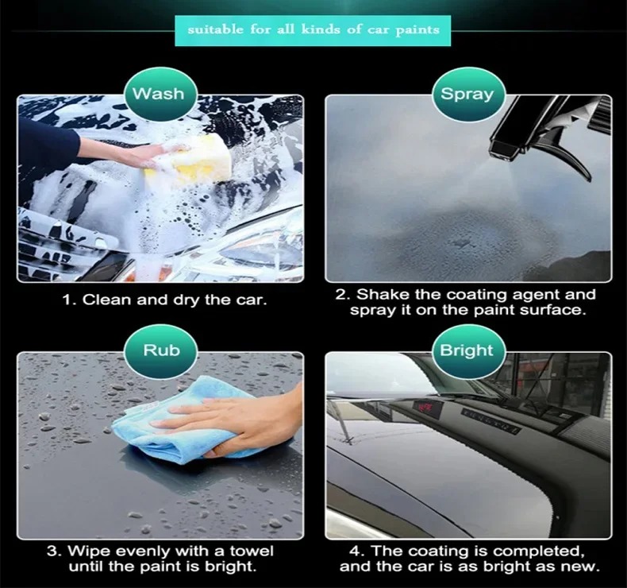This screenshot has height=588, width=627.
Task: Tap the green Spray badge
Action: point(467,95)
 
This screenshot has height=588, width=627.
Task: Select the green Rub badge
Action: point(161,350)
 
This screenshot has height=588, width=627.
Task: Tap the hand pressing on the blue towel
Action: point(244,424)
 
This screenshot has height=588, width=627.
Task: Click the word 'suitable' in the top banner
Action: point(215,29)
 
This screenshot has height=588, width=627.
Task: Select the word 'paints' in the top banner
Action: point(417,31)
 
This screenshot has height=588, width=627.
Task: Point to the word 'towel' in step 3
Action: point(252,551)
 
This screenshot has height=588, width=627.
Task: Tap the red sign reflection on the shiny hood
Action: point(424,408)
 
